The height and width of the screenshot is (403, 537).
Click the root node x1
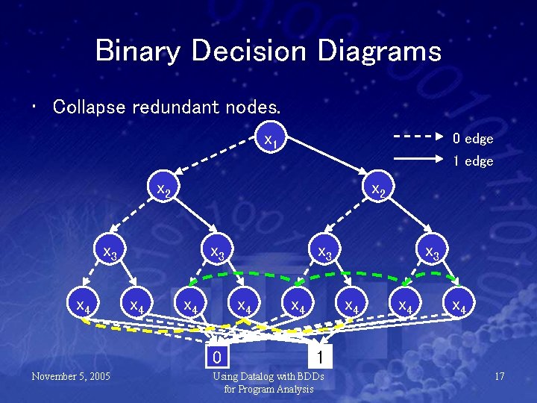271,140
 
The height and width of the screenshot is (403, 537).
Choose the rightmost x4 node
459,305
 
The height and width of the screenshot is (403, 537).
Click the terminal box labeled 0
216,354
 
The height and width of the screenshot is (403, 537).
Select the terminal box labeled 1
318,354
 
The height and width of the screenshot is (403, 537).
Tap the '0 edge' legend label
473,139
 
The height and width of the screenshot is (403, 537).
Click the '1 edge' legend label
473,160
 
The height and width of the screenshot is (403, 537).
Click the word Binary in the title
138,51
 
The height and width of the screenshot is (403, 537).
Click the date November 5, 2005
71,376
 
